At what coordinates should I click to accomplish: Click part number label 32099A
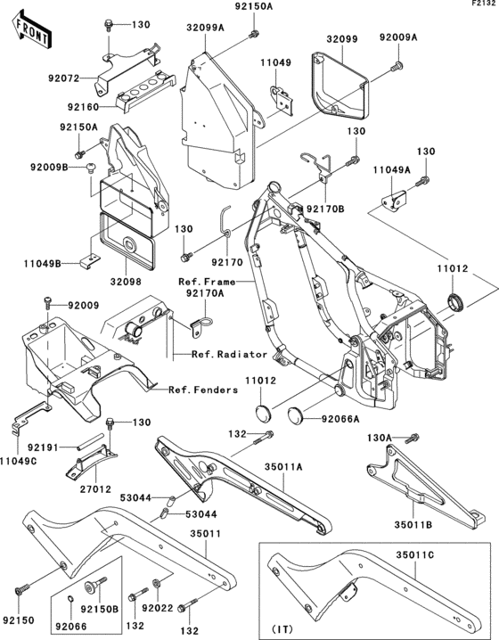coord(206,28)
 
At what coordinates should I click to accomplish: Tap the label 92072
coord(63,78)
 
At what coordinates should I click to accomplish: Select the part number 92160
coord(83,107)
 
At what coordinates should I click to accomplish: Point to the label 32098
coord(126,282)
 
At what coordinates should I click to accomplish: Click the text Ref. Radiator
coord(230,354)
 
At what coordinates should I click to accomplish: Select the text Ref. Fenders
coord(203,390)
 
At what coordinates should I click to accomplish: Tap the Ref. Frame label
coord(207,282)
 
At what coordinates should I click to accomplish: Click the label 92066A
coord(340,419)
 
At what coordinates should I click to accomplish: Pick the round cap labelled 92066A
coord(296,414)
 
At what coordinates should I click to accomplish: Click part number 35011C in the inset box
coord(414,555)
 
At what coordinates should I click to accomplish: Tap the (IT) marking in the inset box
coord(282,629)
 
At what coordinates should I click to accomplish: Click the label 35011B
coord(413,524)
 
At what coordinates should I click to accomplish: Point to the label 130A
coord(379,438)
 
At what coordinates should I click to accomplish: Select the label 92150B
coord(99,610)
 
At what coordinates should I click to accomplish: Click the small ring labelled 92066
coord(70,599)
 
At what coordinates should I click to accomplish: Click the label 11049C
coord(19,461)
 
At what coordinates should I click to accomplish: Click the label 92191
coord(44,447)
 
